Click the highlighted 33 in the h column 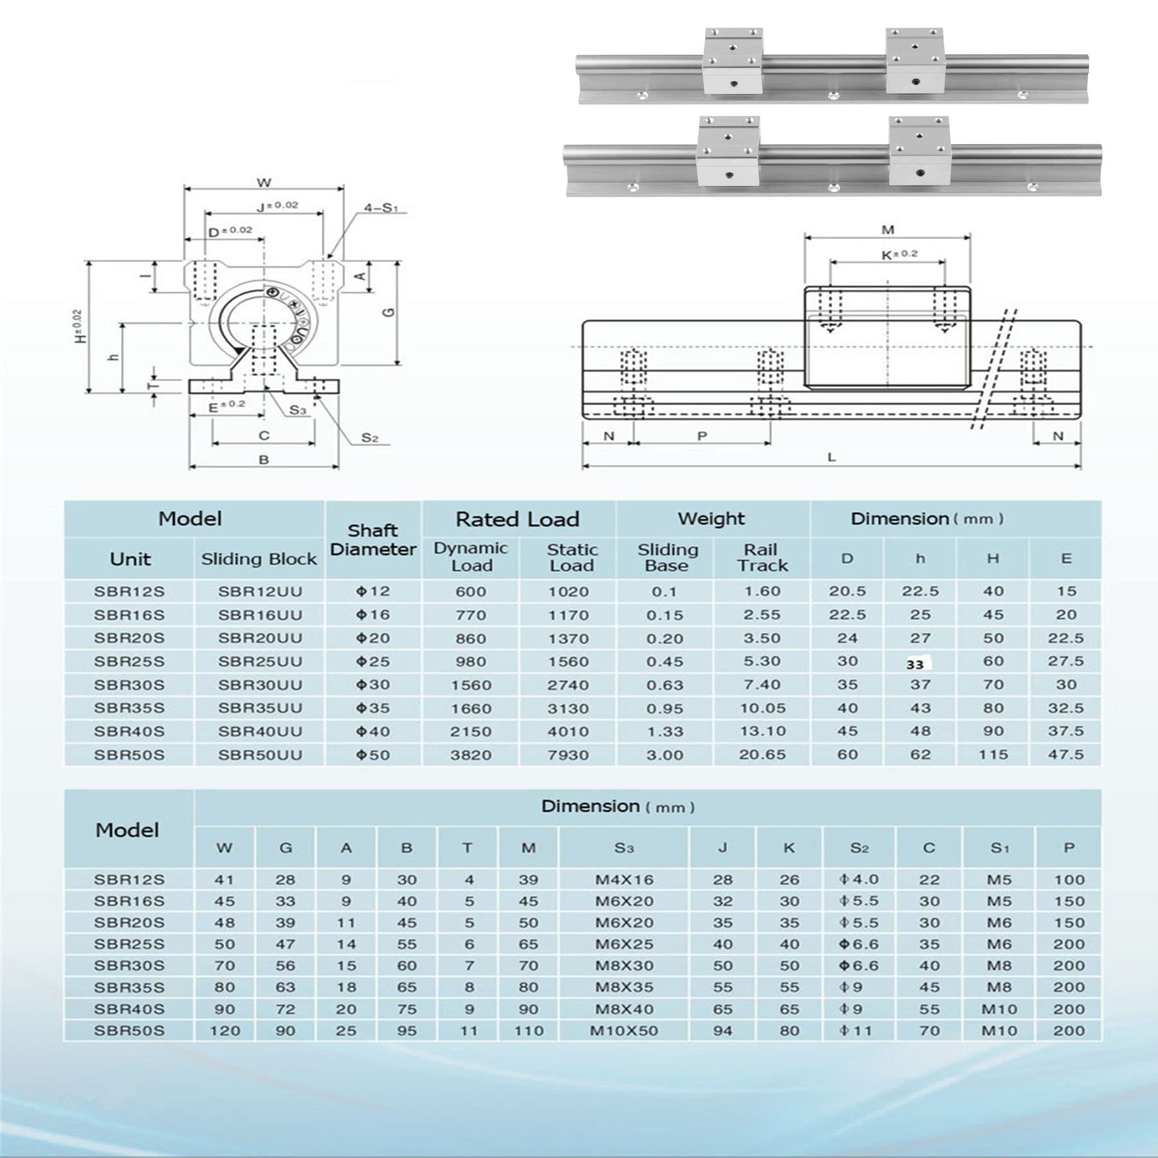pyautogui.click(x=915, y=665)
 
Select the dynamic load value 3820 pyautogui.click(x=470, y=755)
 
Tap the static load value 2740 pyautogui.click(x=568, y=685)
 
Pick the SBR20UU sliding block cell pyautogui.click(x=259, y=638)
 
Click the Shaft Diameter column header pyautogui.click(x=373, y=540)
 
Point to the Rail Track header pyautogui.click(x=762, y=558)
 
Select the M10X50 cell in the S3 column pyautogui.click(x=623, y=1031)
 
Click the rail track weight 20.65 pyautogui.click(x=762, y=754)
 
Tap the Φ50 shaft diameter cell pyautogui.click(x=373, y=755)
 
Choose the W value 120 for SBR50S pyautogui.click(x=225, y=1031)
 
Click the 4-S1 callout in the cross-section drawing pyautogui.click(x=381, y=208)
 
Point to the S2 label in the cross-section pyautogui.click(x=369, y=438)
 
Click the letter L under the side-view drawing pyautogui.click(x=831, y=457)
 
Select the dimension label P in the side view pyautogui.click(x=702, y=436)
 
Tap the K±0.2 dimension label pyautogui.click(x=899, y=255)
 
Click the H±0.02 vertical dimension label pyautogui.click(x=78, y=326)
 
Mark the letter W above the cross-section pyautogui.click(x=264, y=183)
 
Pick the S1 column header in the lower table pyautogui.click(x=1000, y=849)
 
